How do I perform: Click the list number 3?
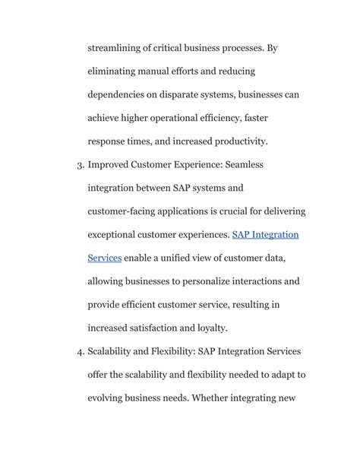point(80,164)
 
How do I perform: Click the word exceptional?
point(119,235)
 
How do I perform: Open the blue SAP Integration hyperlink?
point(265,235)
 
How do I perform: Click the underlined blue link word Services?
point(105,258)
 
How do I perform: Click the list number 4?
point(80,352)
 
